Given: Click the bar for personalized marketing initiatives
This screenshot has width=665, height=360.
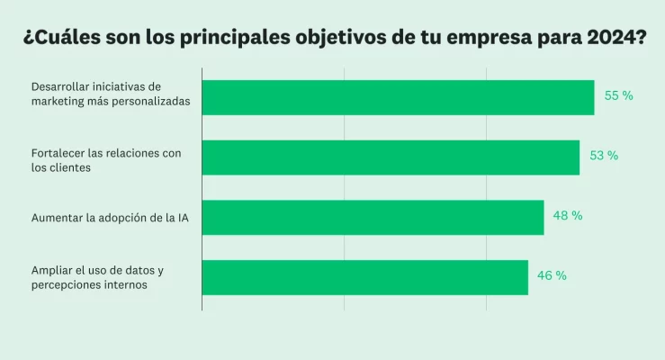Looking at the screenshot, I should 398,97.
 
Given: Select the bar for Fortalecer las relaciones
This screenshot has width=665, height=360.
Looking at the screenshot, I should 391,157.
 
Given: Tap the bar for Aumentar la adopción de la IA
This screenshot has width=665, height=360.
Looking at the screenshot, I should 373,217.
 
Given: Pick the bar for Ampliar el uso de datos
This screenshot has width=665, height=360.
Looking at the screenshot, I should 364,277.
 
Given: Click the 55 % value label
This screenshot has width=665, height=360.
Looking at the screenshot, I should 618,95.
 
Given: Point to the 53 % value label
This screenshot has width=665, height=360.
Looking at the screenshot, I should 604,156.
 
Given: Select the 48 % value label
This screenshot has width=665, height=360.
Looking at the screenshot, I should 568,216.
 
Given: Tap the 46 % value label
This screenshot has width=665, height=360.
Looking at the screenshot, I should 552,276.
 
